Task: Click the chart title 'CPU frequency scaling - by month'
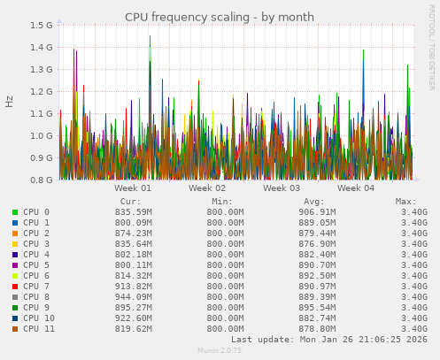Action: (x=220, y=17)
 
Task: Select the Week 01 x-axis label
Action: (x=133, y=188)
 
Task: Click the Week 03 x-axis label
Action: (x=282, y=188)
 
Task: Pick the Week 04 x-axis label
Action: (x=356, y=188)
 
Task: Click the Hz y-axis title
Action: (x=10, y=102)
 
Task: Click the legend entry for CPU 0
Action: (x=36, y=212)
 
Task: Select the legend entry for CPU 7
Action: (x=36, y=287)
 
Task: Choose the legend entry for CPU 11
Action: (x=39, y=329)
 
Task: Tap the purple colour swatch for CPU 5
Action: (x=15, y=265)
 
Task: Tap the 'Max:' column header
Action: (x=405, y=202)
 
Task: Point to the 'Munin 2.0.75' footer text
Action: (x=220, y=351)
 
